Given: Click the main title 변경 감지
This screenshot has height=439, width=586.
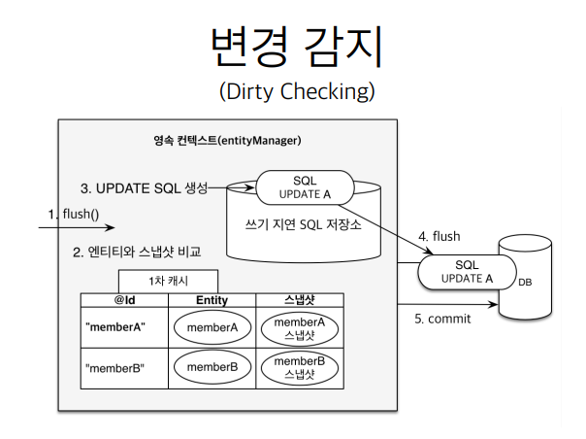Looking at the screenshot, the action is pos(297,47).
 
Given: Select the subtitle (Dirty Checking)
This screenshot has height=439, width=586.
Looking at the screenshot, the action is pos(297,91).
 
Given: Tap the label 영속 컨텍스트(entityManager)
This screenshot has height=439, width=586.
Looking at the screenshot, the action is pos(227,141).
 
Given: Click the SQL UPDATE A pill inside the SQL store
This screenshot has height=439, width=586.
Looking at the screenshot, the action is pos(305,187).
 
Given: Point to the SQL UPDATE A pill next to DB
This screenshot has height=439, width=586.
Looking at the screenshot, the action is pos(468,272).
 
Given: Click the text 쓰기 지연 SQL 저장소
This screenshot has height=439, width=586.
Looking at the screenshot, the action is pos(304,224).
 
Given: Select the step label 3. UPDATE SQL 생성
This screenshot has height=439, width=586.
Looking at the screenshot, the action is pos(144,188).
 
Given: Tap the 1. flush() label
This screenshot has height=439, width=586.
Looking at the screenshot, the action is pos(74,214).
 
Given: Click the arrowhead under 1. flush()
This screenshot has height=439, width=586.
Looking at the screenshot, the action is pos(110,227).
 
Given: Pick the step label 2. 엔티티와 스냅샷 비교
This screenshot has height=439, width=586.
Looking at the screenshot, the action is pos(137,252).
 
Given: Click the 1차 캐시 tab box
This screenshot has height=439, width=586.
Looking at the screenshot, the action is pos(168,281).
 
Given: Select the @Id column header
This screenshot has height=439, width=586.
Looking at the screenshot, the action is pos(124,300).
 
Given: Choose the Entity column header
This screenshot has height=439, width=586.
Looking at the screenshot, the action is pos(212,300).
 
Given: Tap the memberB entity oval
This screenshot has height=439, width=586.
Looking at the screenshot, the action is pos(212,367).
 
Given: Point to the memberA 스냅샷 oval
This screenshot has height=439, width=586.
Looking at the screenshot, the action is pos(300,328).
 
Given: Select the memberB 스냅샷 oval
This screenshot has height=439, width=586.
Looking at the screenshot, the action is pos(300,367).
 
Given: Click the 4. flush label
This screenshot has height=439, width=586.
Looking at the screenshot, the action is pos(439,237).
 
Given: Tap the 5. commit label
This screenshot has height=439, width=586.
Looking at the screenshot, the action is pos(442,319).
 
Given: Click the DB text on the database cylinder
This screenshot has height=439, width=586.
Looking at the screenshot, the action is pos(525,283).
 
